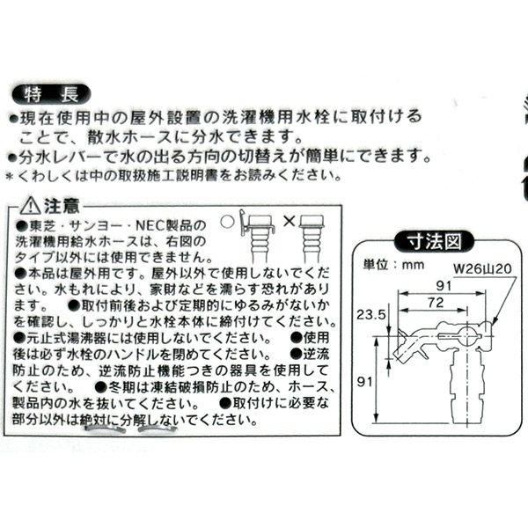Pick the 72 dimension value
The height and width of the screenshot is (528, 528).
point(431,302)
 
